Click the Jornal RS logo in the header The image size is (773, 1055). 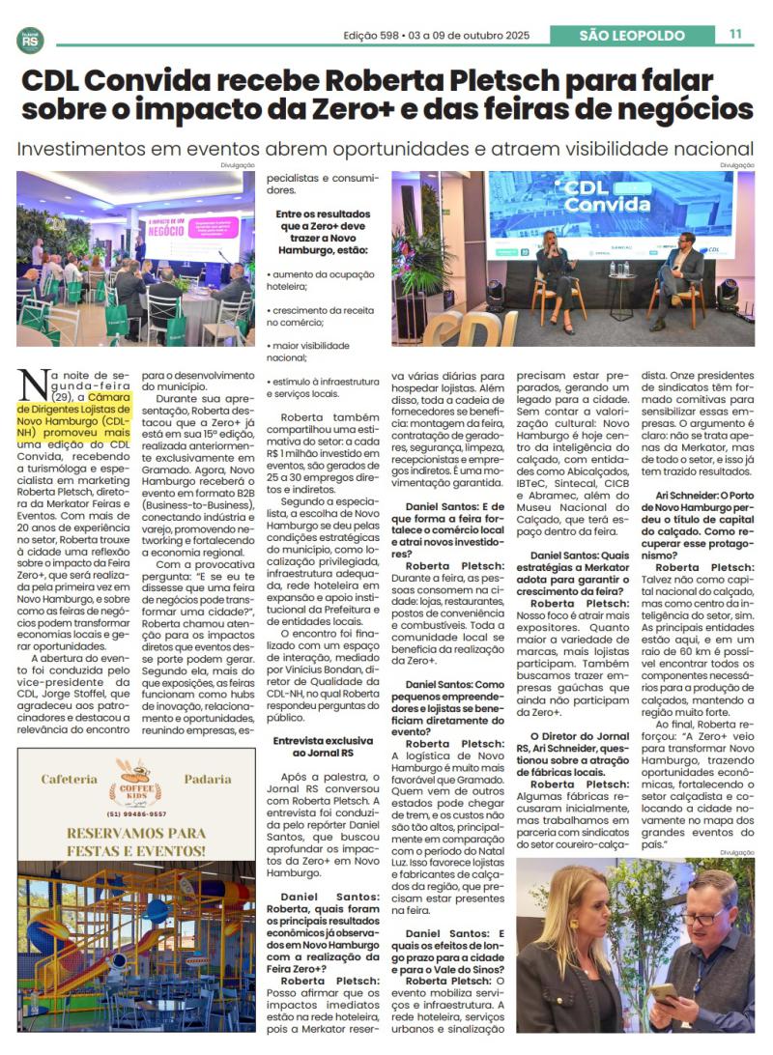pos(30,40)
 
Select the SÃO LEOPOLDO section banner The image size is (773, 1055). pos(631,36)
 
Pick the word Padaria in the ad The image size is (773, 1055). pos(208,779)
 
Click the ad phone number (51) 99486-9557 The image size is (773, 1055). pos(136,813)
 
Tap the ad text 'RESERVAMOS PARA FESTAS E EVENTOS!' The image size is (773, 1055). pos(136,841)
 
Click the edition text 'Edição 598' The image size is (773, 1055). pos(374,36)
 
